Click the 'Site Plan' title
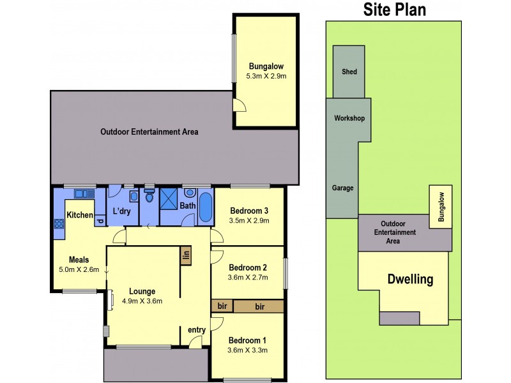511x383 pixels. click(x=394, y=10)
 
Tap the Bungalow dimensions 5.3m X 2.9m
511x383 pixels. click(x=266, y=77)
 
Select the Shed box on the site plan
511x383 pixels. click(x=349, y=71)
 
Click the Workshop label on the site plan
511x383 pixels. click(x=349, y=119)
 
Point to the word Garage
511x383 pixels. click(x=342, y=188)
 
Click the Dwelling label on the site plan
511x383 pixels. click(x=410, y=279)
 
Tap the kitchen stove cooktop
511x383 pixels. click(x=59, y=223)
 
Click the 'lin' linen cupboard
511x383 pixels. click(x=187, y=255)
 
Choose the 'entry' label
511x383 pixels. click(x=196, y=329)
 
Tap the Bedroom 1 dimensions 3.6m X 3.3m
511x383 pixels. click(x=248, y=350)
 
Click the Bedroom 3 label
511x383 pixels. click(x=248, y=211)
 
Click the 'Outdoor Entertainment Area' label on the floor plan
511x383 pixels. click(x=149, y=132)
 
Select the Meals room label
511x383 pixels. click(x=79, y=260)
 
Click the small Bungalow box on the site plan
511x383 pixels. click(x=441, y=206)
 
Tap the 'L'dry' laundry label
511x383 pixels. click(x=121, y=211)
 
